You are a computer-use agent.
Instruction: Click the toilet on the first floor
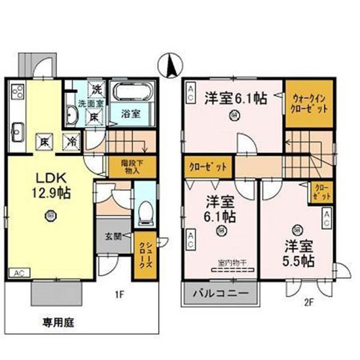(144, 212)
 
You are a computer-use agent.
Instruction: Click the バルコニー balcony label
(221, 295)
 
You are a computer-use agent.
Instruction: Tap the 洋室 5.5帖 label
(298, 253)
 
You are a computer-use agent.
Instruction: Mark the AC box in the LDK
(19, 272)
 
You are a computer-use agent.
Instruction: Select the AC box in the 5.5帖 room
(327, 218)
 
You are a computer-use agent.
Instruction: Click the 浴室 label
(131, 113)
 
